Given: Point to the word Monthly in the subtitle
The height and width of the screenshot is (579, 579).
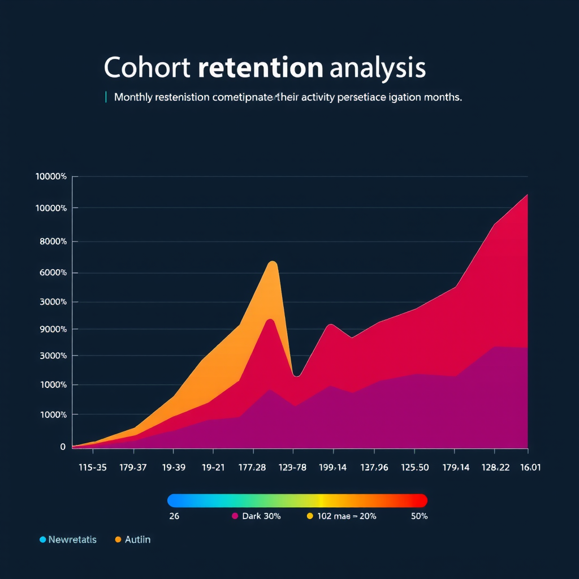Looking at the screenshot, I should (133, 97).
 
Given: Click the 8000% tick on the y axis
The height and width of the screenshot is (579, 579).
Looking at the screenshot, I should (51, 241).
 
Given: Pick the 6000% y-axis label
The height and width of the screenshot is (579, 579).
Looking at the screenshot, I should (51, 273).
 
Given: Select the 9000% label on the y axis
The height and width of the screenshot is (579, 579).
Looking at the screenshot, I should (51, 329).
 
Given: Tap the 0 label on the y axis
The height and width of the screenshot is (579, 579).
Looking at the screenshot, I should (63, 447).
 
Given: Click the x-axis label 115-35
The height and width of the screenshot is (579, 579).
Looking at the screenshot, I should (92, 468).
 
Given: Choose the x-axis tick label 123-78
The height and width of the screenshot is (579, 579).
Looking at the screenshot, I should (293, 468).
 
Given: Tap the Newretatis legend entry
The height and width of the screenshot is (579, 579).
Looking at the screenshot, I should (72, 539).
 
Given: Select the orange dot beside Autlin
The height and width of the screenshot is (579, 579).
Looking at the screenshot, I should (118, 539).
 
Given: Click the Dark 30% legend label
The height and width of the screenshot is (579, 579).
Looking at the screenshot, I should (261, 516).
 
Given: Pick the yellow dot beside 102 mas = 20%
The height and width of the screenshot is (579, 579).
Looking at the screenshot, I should (309, 516).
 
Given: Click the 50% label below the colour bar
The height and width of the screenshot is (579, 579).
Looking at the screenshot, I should (419, 516).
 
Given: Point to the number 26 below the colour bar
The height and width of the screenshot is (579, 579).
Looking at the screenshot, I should (174, 516).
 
